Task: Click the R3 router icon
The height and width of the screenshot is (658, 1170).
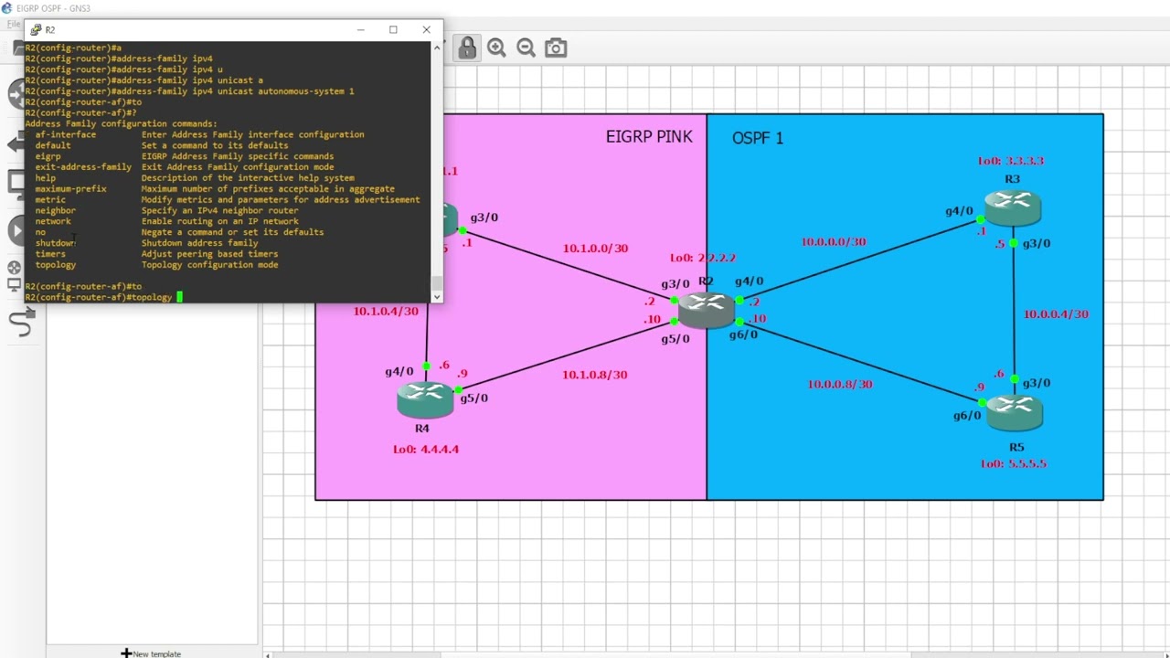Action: (1013, 207)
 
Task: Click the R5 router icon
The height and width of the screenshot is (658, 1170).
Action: (1015, 412)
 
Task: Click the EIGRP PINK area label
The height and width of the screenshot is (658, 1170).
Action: (649, 137)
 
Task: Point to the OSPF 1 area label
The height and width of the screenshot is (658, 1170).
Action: (757, 138)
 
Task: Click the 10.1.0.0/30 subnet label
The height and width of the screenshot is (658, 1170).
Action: (595, 249)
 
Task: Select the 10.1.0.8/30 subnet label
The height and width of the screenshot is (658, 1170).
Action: (594, 375)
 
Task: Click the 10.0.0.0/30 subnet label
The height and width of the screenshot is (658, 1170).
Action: (833, 242)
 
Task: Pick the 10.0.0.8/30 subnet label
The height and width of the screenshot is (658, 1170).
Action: (839, 385)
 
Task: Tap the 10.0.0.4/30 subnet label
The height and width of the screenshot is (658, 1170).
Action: (1055, 314)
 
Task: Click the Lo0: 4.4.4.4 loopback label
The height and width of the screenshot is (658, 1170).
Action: (426, 450)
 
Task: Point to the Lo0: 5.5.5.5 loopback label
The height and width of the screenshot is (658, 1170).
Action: (1013, 464)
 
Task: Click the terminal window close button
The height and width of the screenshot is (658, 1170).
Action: (426, 29)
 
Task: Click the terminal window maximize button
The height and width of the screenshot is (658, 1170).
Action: (393, 29)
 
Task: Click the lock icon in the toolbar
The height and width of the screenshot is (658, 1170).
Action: (467, 48)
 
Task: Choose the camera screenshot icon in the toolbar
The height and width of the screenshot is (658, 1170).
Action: (556, 48)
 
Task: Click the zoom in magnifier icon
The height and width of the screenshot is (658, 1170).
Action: (496, 48)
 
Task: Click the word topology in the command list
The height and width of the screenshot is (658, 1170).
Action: (56, 265)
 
